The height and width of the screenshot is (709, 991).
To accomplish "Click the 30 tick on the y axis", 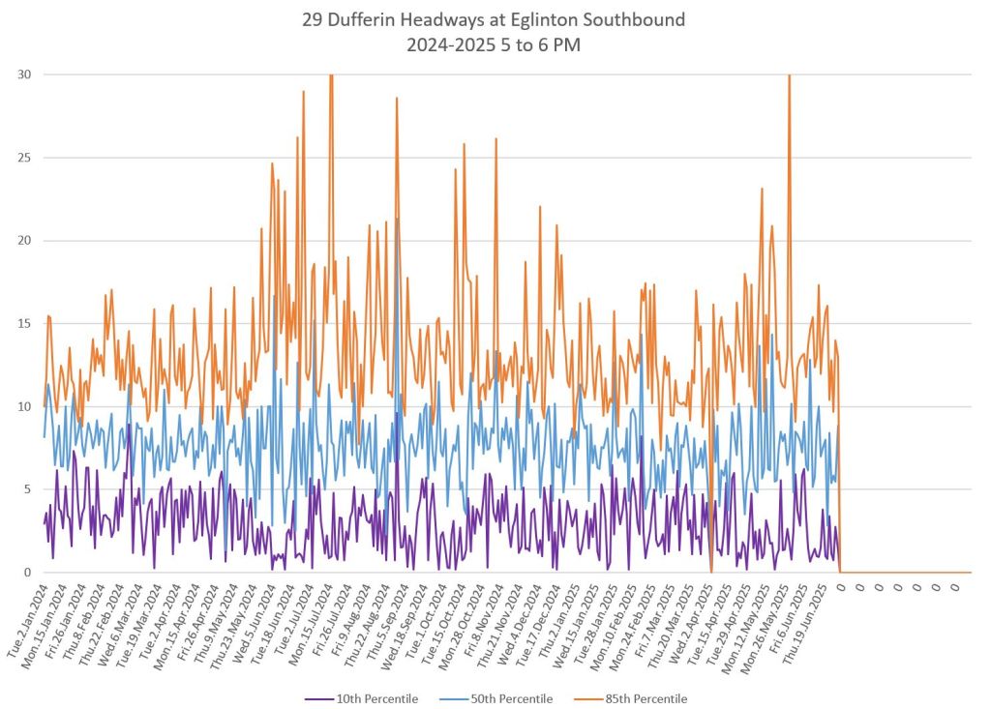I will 24,74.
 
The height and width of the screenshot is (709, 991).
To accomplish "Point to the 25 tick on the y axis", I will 24,158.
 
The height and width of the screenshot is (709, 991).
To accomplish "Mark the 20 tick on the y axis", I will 24,241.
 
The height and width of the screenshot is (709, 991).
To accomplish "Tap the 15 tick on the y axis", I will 24,324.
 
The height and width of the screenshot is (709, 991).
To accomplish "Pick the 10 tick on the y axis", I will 24,406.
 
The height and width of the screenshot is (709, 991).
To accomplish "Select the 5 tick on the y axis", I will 27,489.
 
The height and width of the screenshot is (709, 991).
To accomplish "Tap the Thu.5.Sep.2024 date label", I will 387,620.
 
